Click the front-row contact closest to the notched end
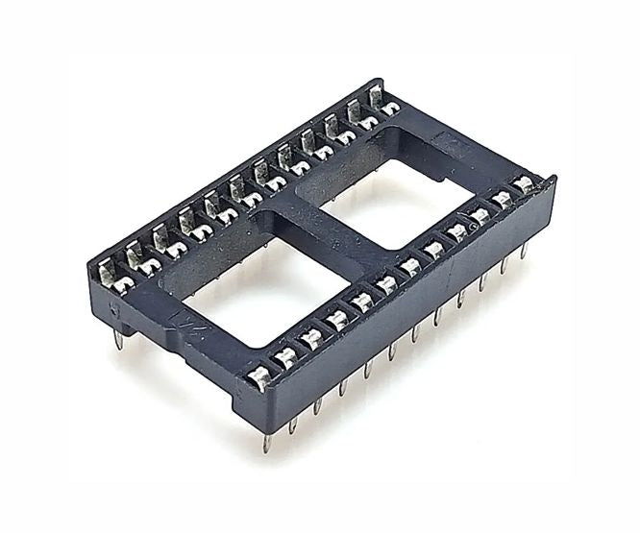click(260, 376)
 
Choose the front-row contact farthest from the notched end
click(523, 182)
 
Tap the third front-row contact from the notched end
click(310, 338)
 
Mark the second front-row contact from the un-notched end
click(501, 199)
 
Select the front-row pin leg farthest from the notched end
click(524, 251)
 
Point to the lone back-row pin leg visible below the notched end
click(118, 339)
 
